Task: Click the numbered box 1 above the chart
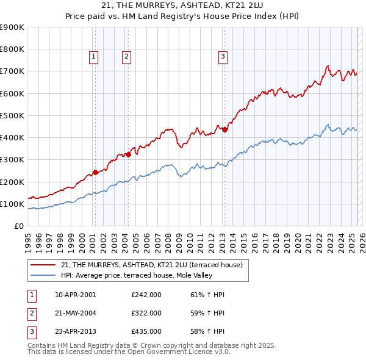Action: pos(94,57)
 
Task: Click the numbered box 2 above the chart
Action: pos(126,57)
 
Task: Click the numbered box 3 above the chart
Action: pos(223,57)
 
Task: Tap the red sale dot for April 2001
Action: pos(95,173)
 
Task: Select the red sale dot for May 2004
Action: pos(129,154)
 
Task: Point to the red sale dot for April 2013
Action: pos(224,129)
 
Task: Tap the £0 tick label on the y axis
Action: pos(19,226)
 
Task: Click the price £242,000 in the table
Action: pos(146,295)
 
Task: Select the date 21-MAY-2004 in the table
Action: pos(75,313)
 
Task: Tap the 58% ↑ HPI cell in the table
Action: pos(207,331)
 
